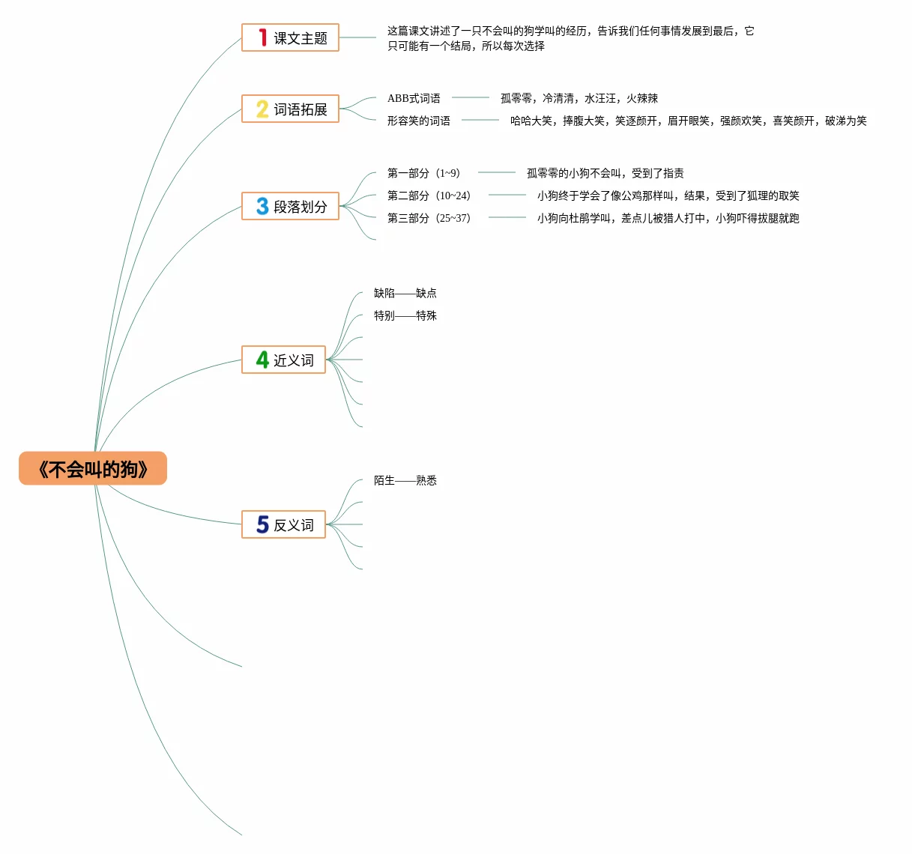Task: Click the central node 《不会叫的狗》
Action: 93,469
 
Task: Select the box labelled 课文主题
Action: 291,37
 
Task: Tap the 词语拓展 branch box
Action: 291,109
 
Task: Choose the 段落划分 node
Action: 291,206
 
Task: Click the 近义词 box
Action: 284,360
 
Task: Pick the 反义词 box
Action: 284,524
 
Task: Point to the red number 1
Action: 262,37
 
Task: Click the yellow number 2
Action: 262,109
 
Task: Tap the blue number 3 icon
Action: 262,206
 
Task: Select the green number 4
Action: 262,360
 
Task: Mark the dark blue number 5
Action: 262,524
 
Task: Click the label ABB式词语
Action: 414,98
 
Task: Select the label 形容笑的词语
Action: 419,121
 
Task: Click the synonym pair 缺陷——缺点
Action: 405,293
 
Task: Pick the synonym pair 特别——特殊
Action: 405,315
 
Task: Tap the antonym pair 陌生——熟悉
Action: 405,480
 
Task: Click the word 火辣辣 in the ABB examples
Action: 642,98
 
